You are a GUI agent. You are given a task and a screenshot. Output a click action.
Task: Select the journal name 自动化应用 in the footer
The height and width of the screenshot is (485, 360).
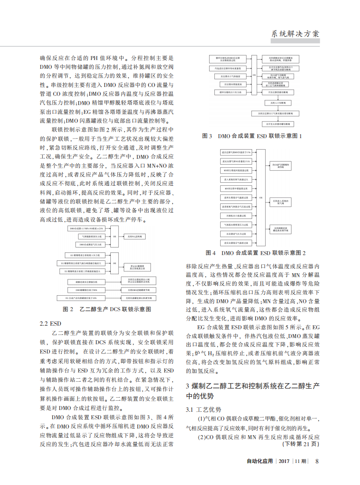tap(260, 461)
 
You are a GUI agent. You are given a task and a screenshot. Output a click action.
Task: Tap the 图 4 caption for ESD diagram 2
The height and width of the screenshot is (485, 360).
tap(256, 253)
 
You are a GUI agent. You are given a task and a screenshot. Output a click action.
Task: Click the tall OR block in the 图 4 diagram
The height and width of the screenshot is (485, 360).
tap(260, 198)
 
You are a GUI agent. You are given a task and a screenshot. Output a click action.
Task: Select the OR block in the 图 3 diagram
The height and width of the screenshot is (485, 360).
tap(253, 75)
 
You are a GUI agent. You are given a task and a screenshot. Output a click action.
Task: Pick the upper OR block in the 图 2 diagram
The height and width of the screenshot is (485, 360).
tap(114, 237)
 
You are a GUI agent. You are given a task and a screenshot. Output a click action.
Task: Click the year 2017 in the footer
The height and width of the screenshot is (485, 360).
tap(284, 461)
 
